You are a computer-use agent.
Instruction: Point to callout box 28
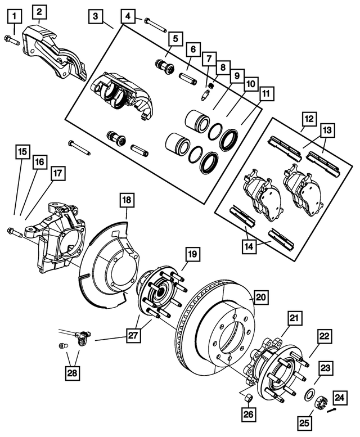coord(73,372)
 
